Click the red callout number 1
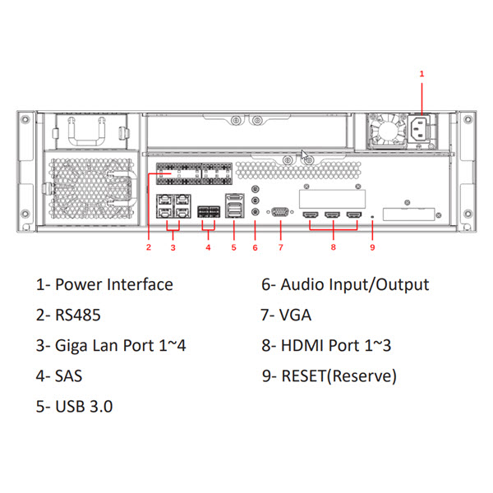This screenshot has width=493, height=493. click(422, 74)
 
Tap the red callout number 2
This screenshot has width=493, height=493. click(149, 247)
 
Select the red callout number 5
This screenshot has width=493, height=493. click(233, 247)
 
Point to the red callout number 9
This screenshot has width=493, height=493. click(372, 247)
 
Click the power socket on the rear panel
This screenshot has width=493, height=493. click(418, 129)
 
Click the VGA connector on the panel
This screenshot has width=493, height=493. click(280, 212)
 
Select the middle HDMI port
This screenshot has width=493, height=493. click(332, 215)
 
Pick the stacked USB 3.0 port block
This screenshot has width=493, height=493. click(234, 206)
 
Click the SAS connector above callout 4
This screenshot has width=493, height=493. click(209, 212)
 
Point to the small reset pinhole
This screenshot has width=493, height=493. click(372, 217)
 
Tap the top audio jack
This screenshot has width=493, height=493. click(256, 189)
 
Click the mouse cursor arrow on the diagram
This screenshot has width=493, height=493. click(304, 155)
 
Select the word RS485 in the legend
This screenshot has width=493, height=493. click(78, 315)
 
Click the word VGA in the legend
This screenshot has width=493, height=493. click(295, 315)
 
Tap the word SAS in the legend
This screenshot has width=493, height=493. click(68, 376)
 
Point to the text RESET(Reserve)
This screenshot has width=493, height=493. click(339, 376)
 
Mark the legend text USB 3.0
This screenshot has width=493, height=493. click(84, 406)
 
